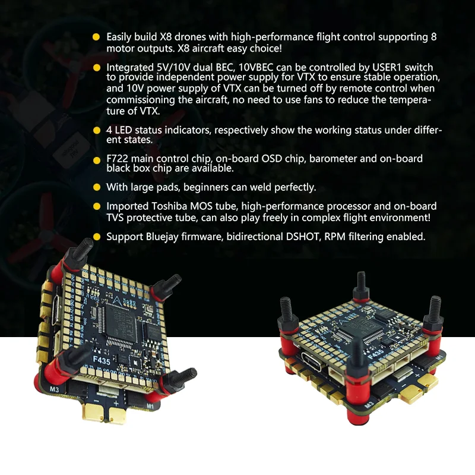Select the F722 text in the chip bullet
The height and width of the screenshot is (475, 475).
click(117, 159)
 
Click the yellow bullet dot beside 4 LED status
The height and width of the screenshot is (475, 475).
click(97, 130)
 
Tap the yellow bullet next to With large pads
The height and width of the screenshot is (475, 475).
click(97, 187)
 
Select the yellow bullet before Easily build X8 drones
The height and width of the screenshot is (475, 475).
click(96, 37)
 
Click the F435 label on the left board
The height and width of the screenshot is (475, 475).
click(102, 361)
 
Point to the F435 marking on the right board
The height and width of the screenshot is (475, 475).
click(376, 354)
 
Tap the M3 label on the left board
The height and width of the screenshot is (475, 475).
click(54, 389)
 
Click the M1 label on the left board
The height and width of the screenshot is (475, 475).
click(150, 406)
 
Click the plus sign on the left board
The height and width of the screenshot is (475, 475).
click(116, 404)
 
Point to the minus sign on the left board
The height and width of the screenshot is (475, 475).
click(96, 401)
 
